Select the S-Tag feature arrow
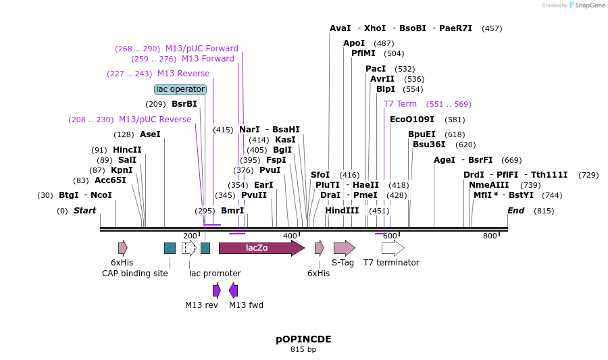(344, 248)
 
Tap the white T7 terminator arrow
(392, 248)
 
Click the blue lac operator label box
(180, 89)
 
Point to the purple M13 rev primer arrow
(217, 290)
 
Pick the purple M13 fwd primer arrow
(234, 290)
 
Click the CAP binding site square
(170, 248)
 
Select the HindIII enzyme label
(342, 210)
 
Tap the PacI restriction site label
(376, 69)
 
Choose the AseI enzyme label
(150, 134)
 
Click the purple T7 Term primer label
(400, 104)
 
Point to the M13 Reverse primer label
(183, 74)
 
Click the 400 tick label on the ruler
(290, 236)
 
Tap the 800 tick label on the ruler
(490, 236)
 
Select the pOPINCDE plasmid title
(303, 339)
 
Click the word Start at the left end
(84, 211)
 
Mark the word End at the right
(515, 211)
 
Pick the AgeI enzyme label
(445, 160)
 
